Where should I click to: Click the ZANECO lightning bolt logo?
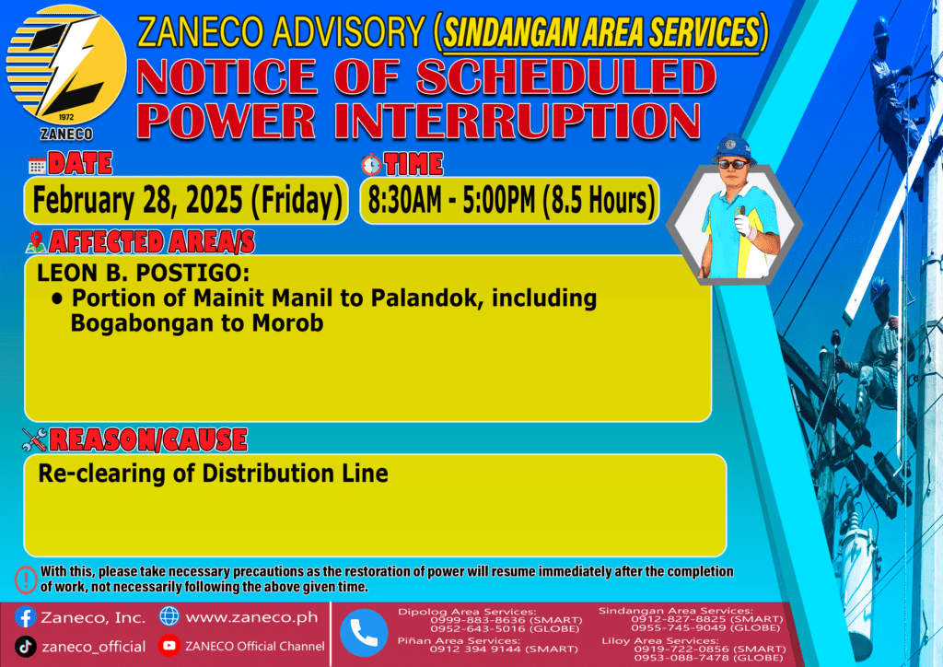pyautogui.click(x=66, y=66)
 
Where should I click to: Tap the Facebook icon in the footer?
pyautogui.click(x=25, y=617)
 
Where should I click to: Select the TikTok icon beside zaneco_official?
pyautogui.click(x=25, y=647)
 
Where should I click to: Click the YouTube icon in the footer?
pyautogui.click(x=169, y=646)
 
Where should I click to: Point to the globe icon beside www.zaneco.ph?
pyautogui.click(x=169, y=616)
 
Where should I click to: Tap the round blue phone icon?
pyautogui.click(x=364, y=633)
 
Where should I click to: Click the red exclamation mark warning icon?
pyautogui.click(x=26, y=579)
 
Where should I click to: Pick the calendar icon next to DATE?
pyautogui.click(x=37, y=165)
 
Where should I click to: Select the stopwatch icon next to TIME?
pyautogui.click(x=372, y=164)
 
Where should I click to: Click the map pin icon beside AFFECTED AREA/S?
pyautogui.click(x=36, y=241)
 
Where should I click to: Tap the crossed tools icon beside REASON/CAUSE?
pyautogui.click(x=34, y=439)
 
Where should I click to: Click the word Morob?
pyautogui.click(x=287, y=323)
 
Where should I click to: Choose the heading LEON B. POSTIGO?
pyautogui.click(x=143, y=273)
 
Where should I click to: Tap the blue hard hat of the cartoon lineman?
pyautogui.click(x=732, y=147)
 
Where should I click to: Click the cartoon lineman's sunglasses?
pyautogui.click(x=733, y=164)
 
